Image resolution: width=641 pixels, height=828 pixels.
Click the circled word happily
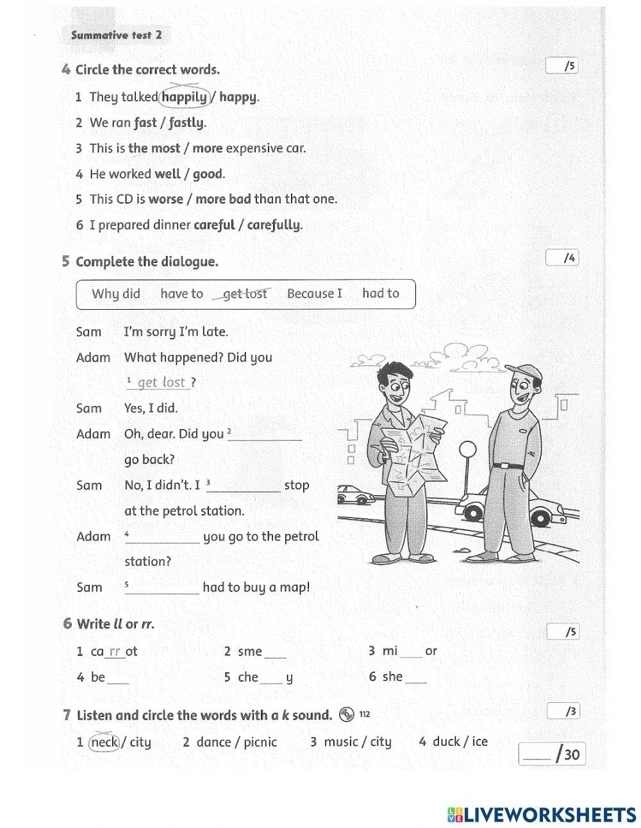[x=185, y=97]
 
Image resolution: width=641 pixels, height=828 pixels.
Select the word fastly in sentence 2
[x=187, y=123]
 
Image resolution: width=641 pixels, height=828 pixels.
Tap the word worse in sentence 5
[x=165, y=199]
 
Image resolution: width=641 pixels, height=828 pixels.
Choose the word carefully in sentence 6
[x=274, y=224]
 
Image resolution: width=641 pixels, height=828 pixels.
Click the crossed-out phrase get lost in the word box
[x=245, y=294]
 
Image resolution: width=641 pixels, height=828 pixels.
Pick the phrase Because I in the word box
[x=314, y=294]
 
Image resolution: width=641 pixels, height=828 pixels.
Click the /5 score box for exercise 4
[x=562, y=65]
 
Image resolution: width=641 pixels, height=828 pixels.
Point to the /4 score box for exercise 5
[x=562, y=258]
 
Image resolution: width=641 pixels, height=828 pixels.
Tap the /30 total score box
[x=552, y=754]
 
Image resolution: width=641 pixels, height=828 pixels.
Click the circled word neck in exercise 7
[x=104, y=742]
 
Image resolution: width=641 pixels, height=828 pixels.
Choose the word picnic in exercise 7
[x=260, y=742]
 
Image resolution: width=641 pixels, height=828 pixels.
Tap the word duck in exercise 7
[x=445, y=741]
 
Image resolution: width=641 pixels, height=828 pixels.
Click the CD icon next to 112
[x=347, y=714]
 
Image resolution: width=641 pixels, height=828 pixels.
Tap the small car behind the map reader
[x=354, y=494]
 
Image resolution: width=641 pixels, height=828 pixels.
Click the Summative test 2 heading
[x=116, y=35]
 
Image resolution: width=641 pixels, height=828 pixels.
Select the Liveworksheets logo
[x=542, y=815]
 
